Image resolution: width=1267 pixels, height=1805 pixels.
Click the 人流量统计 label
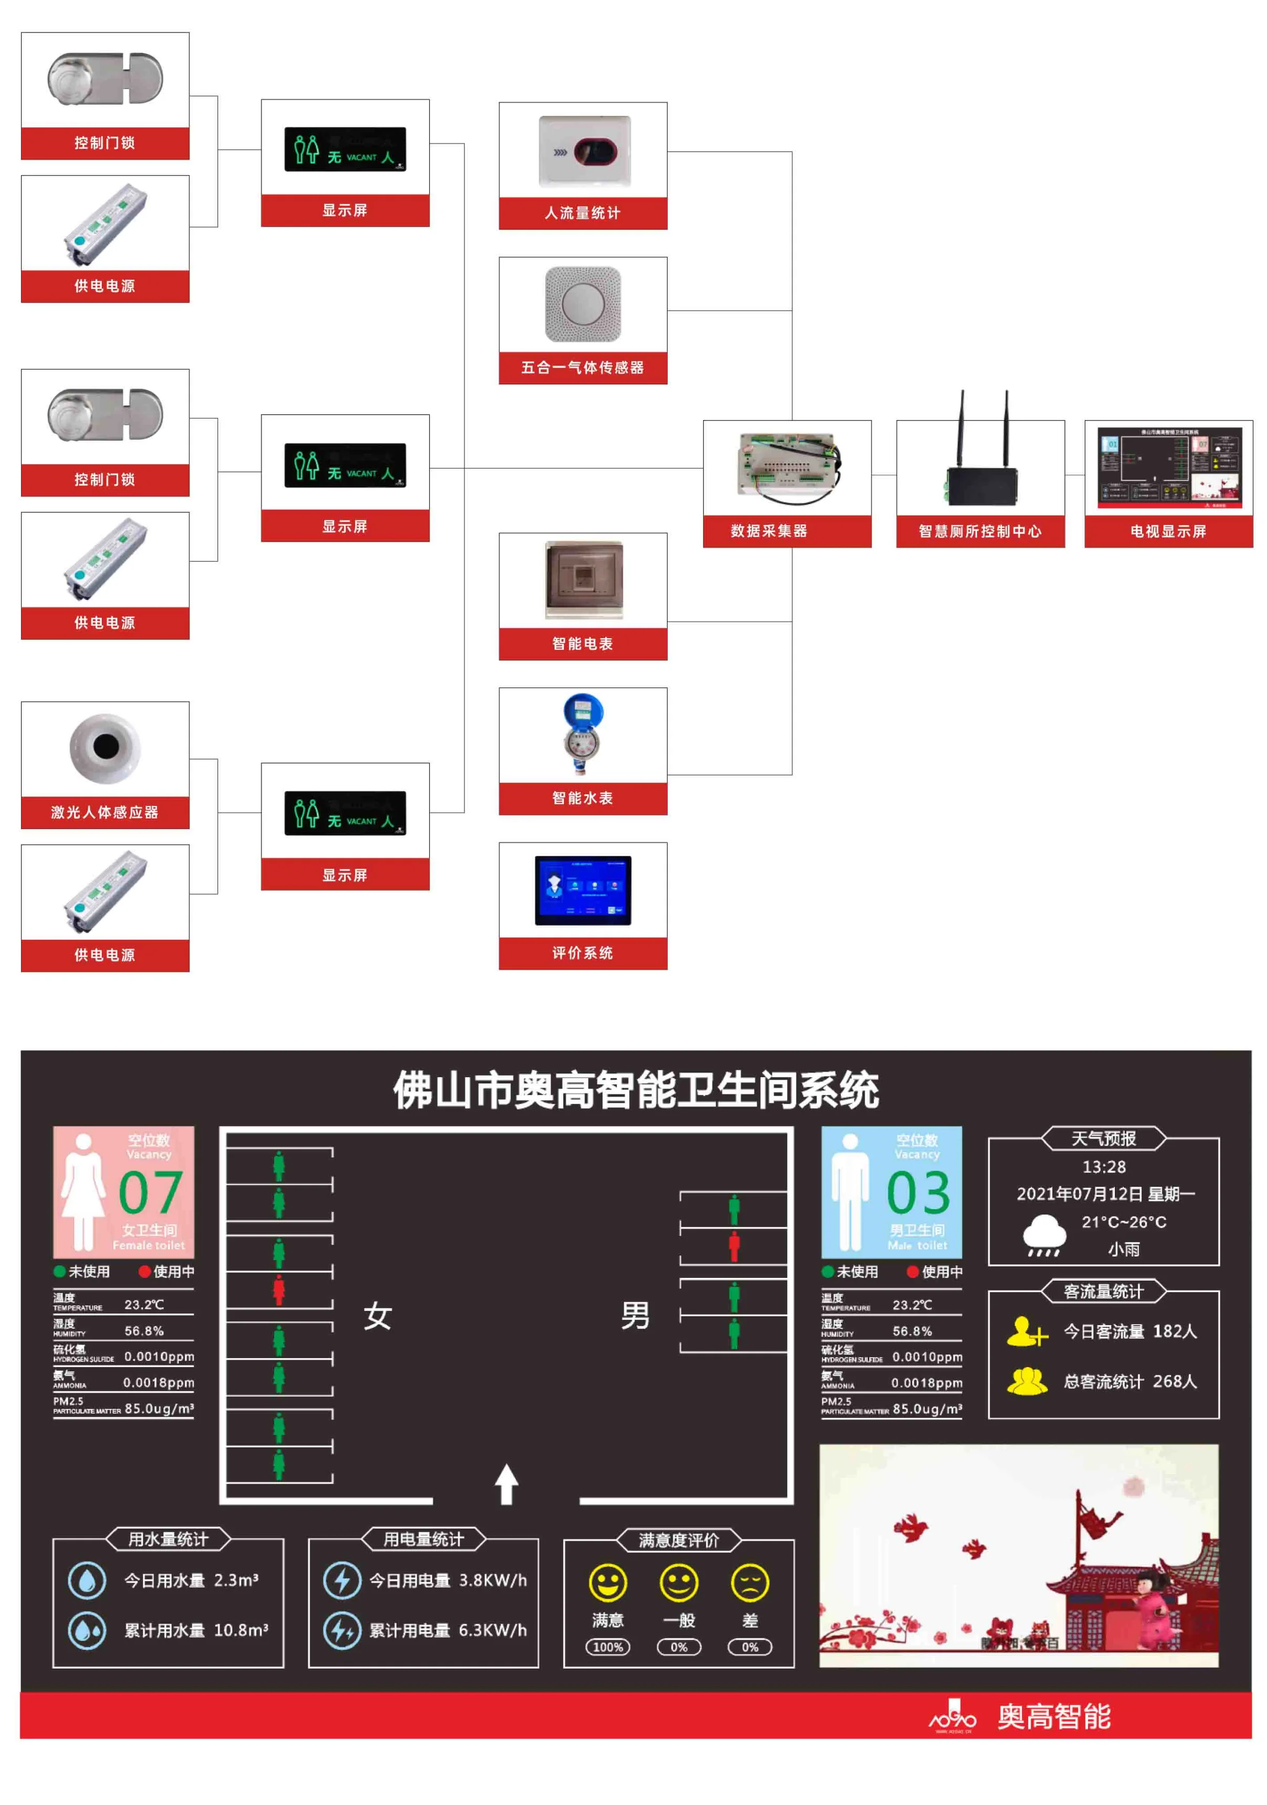pyautogui.click(x=582, y=213)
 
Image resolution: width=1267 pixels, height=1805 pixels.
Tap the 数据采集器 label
pyautogui.click(x=769, y=531)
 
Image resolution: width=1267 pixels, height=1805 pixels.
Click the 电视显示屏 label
pyautogui.click(x=1168, y=531)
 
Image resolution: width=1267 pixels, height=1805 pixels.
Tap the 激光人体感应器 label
pyautogui.click(x=104, y=812)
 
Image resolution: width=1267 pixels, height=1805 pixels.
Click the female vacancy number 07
pyautogui.click(x=150, y=1192)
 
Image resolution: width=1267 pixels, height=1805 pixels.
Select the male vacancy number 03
pyautogui.click(x=918, y=1192)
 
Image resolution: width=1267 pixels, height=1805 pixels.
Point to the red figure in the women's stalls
pyautogui.click(x=279, y=1290)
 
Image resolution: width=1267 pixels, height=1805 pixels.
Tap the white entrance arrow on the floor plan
pyautogui.click(x=506, y=1484)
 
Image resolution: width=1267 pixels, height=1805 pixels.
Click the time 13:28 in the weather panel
pyautogui.click(x=1103, y=1167)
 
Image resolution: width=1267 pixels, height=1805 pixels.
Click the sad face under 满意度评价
pyautogui.click(x=750, y=1583)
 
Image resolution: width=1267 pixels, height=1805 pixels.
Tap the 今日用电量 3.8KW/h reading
pyautogui.click(x=448, y=1580)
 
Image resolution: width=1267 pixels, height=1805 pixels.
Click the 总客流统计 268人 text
pyautogui.click(x=1130, y=1381)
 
